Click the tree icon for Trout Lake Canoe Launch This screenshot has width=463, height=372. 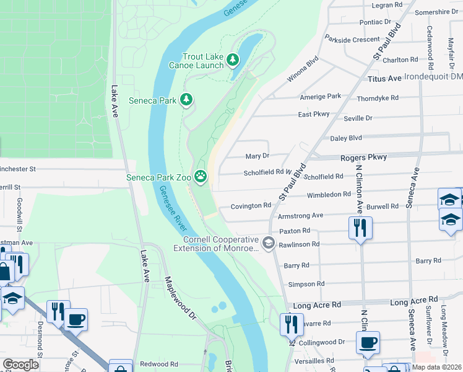[232, 60]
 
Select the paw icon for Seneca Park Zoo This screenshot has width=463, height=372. [201, 177]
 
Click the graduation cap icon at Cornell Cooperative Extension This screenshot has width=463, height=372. [269, 242]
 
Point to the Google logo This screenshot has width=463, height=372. [20, 365]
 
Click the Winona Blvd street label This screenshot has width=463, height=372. [302, 71]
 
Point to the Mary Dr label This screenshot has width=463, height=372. [257, 156]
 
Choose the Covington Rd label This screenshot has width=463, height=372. [251, 206]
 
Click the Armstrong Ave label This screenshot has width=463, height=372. [301, 215]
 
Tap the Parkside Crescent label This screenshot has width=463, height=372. [352, 40]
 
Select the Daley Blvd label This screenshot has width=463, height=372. [346, 138]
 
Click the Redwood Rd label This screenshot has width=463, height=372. [159, 364]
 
